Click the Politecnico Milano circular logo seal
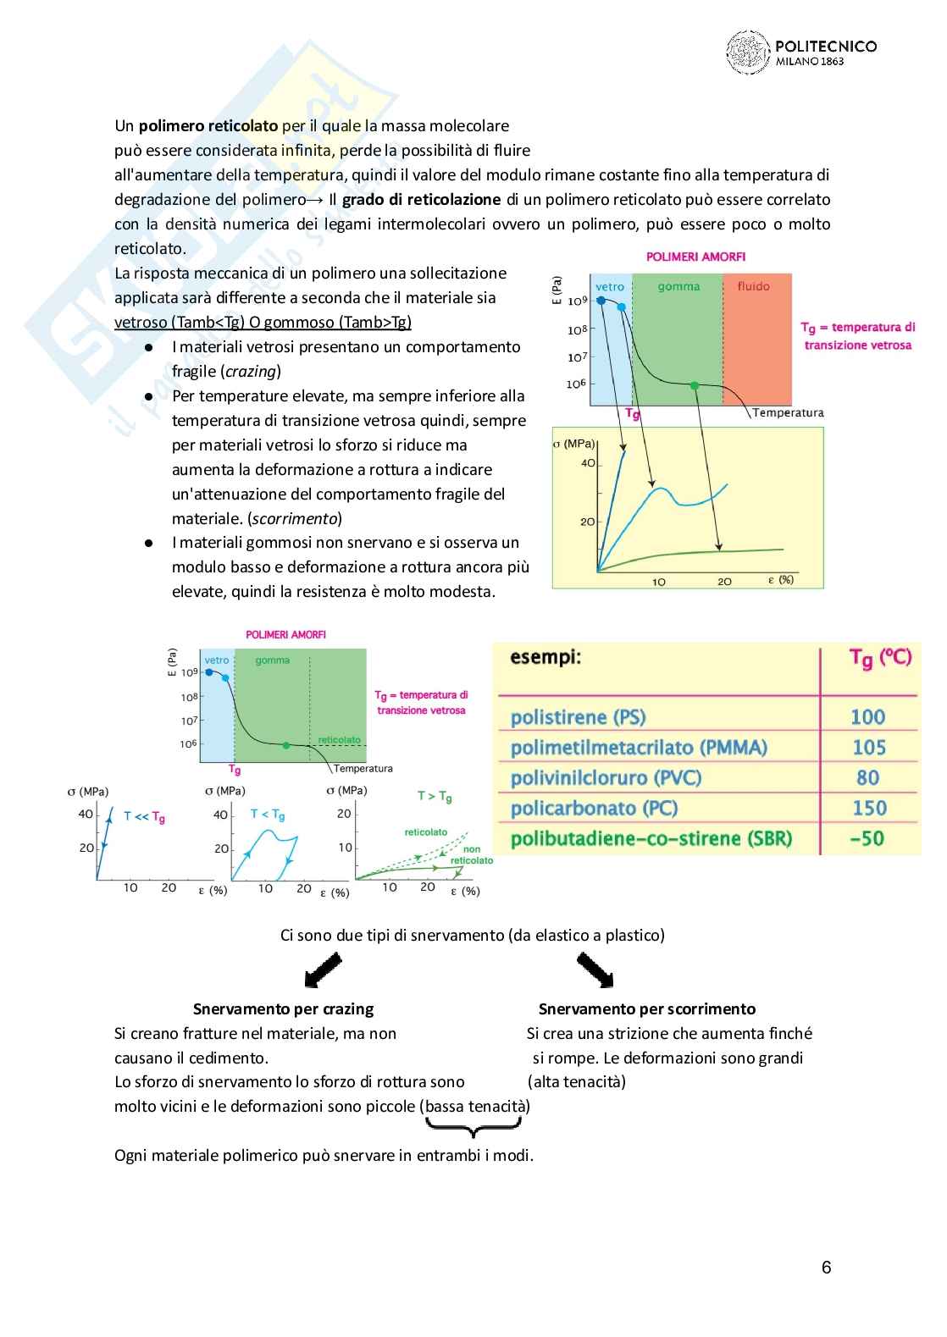[748, 52]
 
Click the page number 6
[826, 1267]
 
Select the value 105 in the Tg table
[868, 748]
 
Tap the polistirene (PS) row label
[578, 717]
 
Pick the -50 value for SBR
[867, 838]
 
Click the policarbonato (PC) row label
[594, 808]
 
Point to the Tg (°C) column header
[880, 658]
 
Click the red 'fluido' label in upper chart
[753, 286]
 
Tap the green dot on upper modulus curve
[695, 385]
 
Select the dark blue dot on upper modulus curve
[601, 300]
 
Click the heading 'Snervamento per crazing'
[283, 1008]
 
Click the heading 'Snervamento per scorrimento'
[647, 1008]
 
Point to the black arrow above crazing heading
[323, 970]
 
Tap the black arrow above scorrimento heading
[595, 970]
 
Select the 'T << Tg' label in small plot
[144, 816]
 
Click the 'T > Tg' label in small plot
[435, 796]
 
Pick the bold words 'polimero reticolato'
[208, 126]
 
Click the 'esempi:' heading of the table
[545, 657]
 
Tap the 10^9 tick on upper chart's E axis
[577, 301]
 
